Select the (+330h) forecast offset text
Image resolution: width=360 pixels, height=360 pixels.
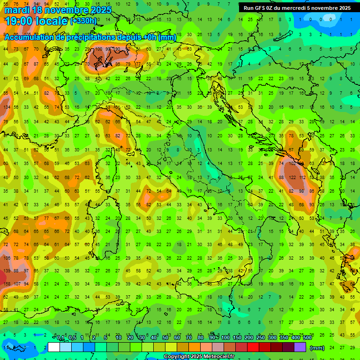coord(83,21)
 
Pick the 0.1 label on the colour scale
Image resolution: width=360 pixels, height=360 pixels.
coord(60,338)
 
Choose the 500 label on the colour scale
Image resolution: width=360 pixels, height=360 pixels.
coord(307,338)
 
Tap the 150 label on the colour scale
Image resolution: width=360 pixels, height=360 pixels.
coord(237,338)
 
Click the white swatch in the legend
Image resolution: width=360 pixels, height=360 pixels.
coord(54,347)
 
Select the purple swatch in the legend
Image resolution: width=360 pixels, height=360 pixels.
coord(300,347)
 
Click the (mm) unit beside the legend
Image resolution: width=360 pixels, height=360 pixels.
coord(317,348)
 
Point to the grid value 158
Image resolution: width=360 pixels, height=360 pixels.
coord(6,284)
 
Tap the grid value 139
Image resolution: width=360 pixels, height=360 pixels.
coord(6,270)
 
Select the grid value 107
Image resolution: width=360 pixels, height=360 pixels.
coord(17,284)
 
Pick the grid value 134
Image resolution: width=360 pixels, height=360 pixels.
coord(6,107)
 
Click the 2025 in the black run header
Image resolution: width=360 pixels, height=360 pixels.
coord(343,8)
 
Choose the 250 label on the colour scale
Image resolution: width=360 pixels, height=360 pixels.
coord(260,338)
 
